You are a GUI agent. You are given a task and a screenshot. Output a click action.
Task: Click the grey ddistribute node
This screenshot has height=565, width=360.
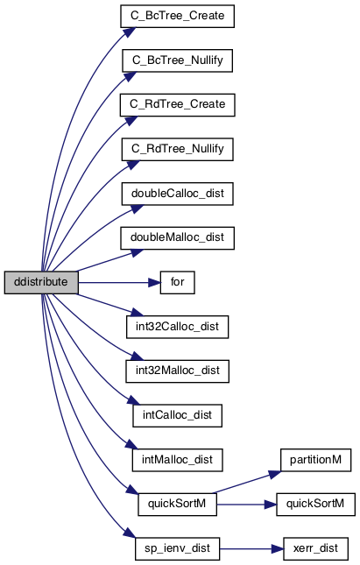[41, 282]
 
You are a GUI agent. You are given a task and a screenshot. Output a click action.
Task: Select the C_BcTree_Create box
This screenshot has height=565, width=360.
[177, 17]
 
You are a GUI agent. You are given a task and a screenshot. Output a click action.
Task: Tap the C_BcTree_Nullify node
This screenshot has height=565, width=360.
[177, 60]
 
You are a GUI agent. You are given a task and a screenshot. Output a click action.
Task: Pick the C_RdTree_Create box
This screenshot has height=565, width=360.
[177, 105]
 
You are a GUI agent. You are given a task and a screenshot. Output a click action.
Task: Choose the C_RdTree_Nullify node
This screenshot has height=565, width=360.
[177, 149]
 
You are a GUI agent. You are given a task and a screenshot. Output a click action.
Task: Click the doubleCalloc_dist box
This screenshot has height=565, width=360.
[177, 194]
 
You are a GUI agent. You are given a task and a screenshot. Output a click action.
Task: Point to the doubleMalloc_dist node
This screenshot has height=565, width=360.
[177, 238]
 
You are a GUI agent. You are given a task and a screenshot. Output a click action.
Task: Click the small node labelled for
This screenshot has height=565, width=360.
[177, 282]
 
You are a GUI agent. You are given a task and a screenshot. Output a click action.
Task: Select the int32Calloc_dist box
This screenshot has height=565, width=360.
[177, 327]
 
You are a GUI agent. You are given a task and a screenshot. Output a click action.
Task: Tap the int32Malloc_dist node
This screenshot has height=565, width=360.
[177, 371]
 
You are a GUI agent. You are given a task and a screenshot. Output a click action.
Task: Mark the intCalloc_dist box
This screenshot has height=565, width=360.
[177, 416]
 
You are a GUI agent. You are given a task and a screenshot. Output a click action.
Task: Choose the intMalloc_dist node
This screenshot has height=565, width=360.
[177, 460]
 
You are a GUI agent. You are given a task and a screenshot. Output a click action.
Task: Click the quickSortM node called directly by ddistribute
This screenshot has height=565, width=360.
[177, 505]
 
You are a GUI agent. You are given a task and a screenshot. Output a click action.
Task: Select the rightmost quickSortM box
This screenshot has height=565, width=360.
[315, 505]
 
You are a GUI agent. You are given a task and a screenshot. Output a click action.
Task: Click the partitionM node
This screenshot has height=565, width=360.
[315, 460]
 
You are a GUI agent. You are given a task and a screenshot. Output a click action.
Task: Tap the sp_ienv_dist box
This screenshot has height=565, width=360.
[177, 548]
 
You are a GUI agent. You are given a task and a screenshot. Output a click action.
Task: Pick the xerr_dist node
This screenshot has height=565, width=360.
[315, 548]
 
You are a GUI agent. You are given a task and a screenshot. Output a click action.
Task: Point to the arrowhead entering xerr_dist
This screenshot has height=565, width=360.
[278, 548]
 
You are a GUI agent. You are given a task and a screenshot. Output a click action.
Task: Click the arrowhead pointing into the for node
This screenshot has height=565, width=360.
[154, 282]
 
